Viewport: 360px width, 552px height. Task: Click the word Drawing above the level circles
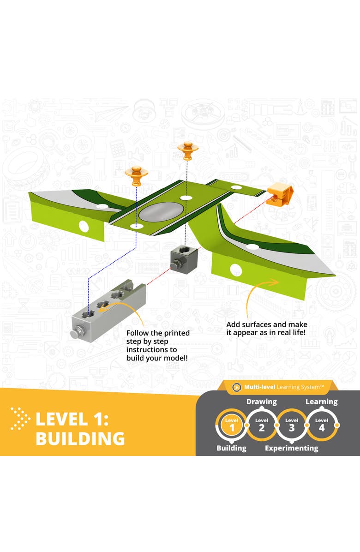[x=261, y=402]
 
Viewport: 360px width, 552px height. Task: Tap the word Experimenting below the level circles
[x=291, y=448]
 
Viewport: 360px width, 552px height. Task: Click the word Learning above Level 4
[x=321, y=402]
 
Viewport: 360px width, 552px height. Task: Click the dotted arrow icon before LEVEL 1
[x=20, y=419]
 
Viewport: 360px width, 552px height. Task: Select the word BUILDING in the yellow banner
[x=80, y=438]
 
